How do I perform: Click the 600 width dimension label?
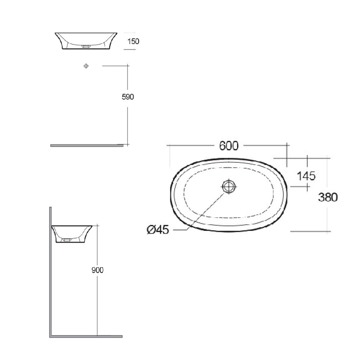[x=229, y=145]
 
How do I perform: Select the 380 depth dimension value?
[x=328, y=197]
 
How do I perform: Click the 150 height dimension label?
[x=134, y=41]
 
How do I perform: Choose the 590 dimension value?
[x=128, y=97]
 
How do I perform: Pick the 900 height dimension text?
[x=97, y=270]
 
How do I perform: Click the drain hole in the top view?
[x=229, y=186]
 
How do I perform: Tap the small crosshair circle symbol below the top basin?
[x=86, y=66]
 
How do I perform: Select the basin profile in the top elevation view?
[x=86, y=39]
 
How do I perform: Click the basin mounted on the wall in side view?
[x=72, y=232]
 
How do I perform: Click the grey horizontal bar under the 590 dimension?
[x=86, y=145]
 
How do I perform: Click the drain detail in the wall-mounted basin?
[x=66, y=240]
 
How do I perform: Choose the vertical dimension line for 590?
[x=128, y=123]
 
